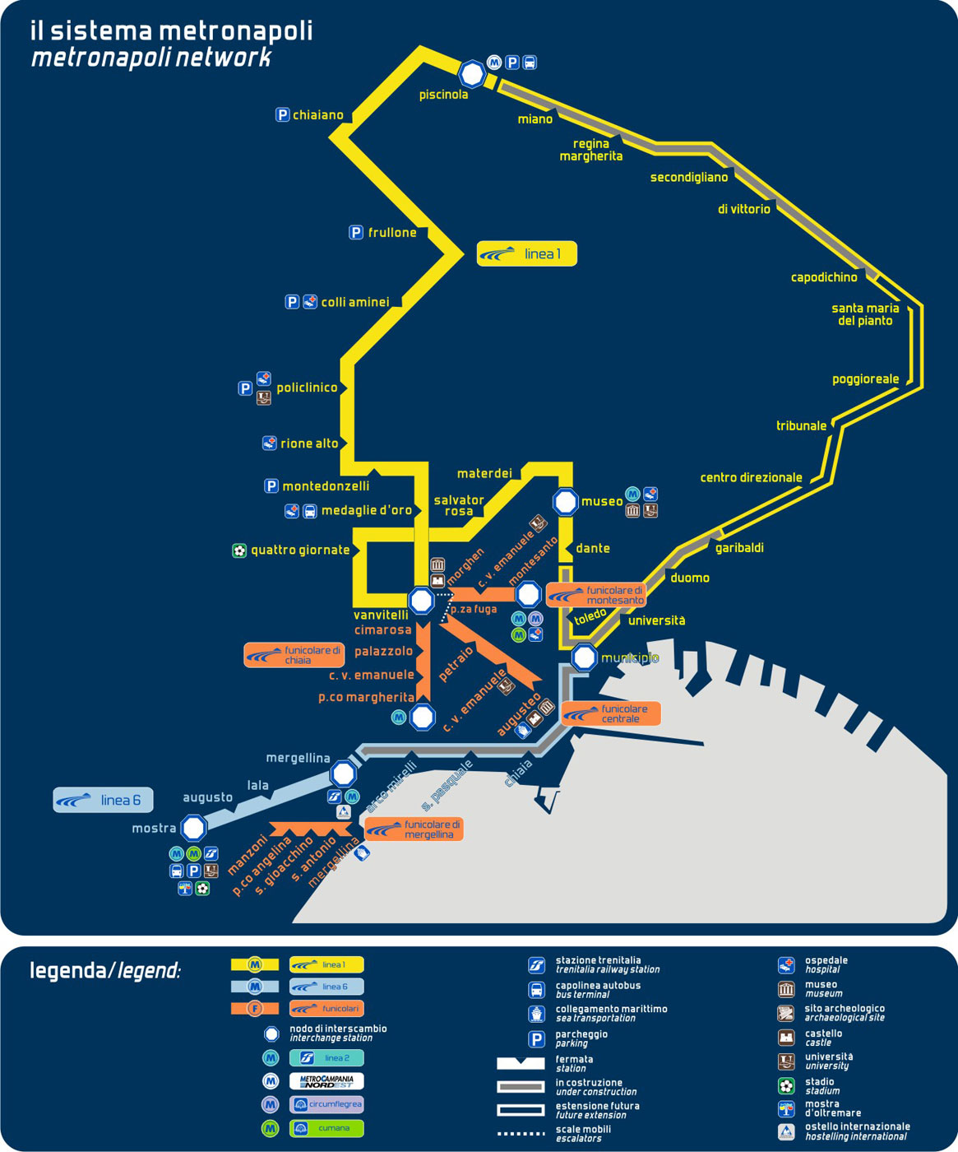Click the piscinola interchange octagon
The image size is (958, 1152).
472,74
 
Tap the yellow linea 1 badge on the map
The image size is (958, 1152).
527,253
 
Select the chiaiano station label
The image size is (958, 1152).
317,115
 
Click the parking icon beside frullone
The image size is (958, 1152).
356,233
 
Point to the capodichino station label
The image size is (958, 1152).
824,277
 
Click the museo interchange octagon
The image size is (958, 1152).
566,501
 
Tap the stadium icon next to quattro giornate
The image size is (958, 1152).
239,550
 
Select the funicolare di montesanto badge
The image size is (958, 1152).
596,595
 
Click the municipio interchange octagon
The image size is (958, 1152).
584,657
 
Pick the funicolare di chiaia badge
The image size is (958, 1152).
294,655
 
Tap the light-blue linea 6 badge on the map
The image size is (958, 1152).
104,800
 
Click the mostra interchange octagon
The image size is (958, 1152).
194,828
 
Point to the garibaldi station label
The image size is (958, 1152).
739,548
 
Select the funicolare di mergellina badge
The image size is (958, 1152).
414,829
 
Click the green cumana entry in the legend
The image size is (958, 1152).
326,1128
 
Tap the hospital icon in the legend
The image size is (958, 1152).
786,965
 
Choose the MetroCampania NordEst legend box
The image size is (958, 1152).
326,1081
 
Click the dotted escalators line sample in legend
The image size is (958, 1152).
521,1134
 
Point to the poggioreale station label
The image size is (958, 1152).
865,379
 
